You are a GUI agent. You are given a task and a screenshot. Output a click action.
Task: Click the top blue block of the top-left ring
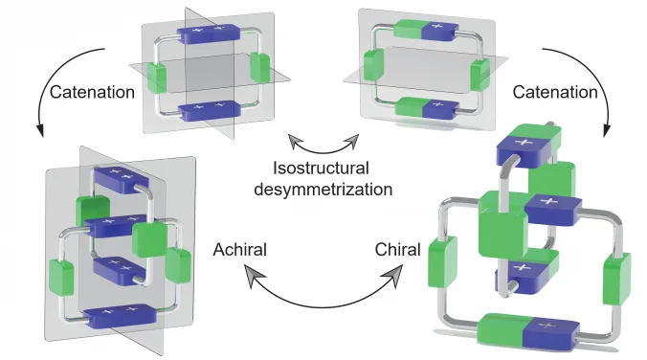tap(206, 34)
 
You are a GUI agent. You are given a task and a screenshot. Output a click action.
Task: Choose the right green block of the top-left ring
tap(257, 67)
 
